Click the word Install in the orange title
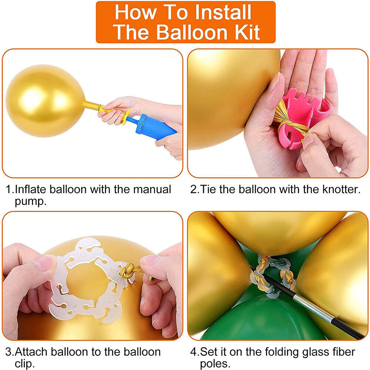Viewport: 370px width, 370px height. click(x=223, y=12)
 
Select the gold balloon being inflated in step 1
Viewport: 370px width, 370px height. click(x=45, y=101)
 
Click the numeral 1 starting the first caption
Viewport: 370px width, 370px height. click(x=9, y=189)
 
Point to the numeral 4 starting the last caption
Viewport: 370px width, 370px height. click(x=194, y=352)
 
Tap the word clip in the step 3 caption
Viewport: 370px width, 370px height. click(x=24, y=363)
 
